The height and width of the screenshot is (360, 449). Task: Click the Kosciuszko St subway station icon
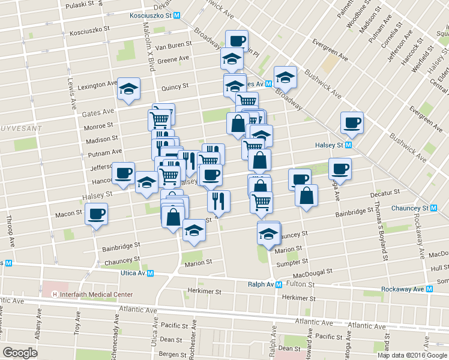click(176, 17)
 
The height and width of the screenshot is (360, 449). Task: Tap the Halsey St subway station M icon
click(348, 145)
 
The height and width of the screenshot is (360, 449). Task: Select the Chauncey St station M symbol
click(433, 208)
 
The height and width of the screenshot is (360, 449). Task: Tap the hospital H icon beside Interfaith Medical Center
click(55, 295)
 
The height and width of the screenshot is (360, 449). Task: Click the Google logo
click(20, 352)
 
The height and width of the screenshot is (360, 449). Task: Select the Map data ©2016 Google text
click(412, 355)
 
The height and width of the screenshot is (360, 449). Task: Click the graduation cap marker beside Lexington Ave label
click(128, 89)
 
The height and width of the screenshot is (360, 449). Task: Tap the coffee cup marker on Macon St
click(96, 214)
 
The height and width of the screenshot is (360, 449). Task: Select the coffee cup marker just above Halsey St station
click(351, 122)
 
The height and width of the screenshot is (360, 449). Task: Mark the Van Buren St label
click(173, 44)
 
